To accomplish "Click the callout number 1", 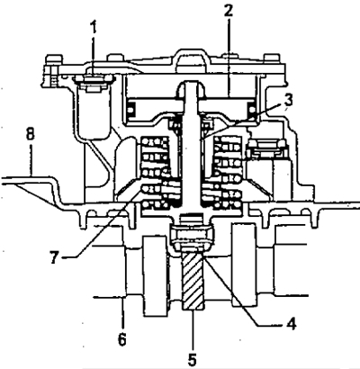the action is (x=94, y=27).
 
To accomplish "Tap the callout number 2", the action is (x=229, y=11).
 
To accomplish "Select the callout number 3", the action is (x=288, y=101).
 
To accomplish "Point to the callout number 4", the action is (x=291, y=324).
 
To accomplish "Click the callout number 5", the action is (x=193, y=358).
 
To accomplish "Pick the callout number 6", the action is (x=121, y=339).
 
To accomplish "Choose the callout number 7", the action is (x=54, y=257).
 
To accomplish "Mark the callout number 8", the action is (x=30, y=134).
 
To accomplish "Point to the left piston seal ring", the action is (x=130, y=109).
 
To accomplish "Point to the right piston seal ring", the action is (x=251, y=109).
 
